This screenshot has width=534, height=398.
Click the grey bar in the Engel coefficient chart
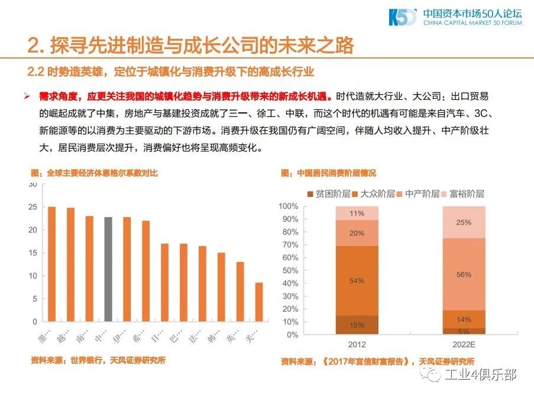pyautogui.click(x=108, y=269)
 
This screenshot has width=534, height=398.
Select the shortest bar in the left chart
pyautogui.click(x=259, y=302)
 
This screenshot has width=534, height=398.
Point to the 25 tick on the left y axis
pyautogui.click(x=33, y=207)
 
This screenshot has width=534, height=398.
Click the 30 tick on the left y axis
pyautogui.click(x=33, y=185)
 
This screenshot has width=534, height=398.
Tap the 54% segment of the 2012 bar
pyautogui.click(x=357, y=281)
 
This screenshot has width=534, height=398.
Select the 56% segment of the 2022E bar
pyautogui.click(x=464, y=274)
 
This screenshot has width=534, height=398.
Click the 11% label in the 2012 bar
pyautogui.click(x=357, y=213)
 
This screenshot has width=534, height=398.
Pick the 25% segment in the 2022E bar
pyautogui.click(x=464, y=222)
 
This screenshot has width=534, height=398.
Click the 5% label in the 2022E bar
pyautogui.click(x=464, y=331)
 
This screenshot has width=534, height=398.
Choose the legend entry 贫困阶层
pyautogui.click(x=329, y=194)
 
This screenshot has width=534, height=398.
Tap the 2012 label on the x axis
pyautogui.click(x=357, y=345)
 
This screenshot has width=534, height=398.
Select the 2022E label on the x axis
pyautogui.click(x=464, y=345)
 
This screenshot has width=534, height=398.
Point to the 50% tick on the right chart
pyautogui.click(x=289, y=270)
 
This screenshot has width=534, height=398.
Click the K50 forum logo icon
pyautogui.click(x=402, y=18)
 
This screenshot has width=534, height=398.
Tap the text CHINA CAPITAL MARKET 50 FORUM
pyautogui.click(x=473, y=23)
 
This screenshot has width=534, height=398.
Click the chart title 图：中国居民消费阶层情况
pyautogui.click(x=328, y=173)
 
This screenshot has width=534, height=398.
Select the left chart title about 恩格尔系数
pyautogui.click(x=95, y=173)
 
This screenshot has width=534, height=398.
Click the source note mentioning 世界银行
pyautogui.click(x=98, y=360)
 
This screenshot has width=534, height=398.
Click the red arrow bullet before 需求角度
pyautogui.click(x=27, y=96)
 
